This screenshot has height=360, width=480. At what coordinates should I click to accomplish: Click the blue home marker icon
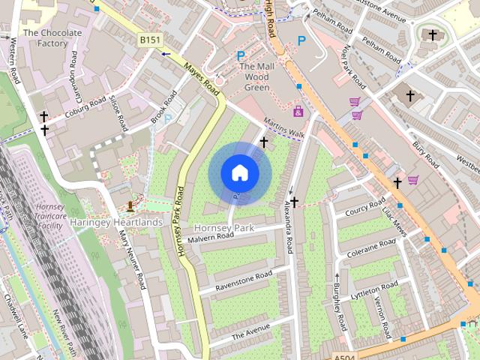[x=239, y=173]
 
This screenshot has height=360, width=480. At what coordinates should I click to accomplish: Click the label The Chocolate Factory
[x=52, y=38]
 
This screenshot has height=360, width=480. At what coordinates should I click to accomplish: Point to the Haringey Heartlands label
[x=116, y=222]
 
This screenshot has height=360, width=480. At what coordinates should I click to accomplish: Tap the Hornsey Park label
[x=223, y=227]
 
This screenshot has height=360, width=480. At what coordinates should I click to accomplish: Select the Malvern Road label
[x=211, y=236]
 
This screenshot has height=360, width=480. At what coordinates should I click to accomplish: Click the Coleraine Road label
[x=371, y=248]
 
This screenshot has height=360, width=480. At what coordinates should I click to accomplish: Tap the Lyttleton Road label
[x=375, y=290]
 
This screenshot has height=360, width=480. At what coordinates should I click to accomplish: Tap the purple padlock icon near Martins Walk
[x=298, y=112]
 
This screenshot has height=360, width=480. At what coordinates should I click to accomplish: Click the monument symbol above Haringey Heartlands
[x=130, y=205]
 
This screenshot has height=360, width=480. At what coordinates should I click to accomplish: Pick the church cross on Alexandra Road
[x=295, y=202]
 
